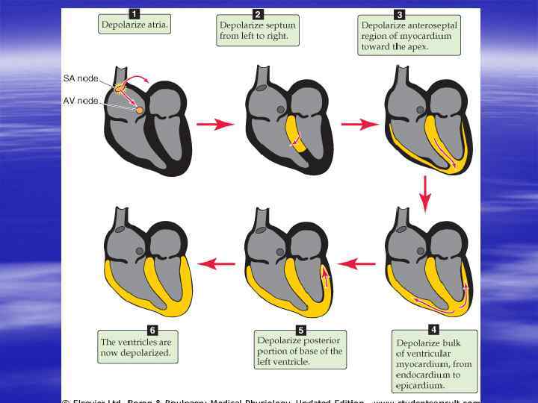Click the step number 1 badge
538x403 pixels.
click(134, 13)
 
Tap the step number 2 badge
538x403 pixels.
click(258, 13)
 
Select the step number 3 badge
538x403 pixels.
click(400, 13)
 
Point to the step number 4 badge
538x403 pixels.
click(433, 328)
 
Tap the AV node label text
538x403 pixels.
click(80, 101)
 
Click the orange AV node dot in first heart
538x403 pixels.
click(140, 110)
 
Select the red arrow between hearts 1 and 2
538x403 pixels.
click(215, 125)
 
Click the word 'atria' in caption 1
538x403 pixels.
click(155, 25)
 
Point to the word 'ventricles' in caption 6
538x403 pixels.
click(134, 342)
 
